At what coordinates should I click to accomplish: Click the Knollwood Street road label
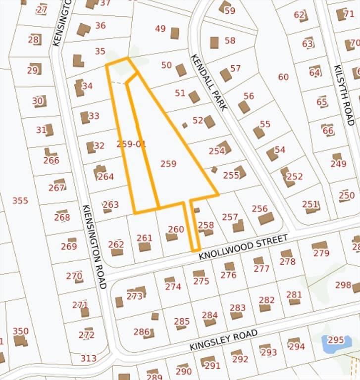coord(243,247)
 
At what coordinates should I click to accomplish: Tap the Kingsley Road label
coord(223,340)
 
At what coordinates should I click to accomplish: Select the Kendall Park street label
coord(208,82)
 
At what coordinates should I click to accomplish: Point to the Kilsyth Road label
coord(344,95)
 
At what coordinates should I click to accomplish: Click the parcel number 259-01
coord(131,144)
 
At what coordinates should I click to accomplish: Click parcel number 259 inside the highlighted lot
coord(168,163)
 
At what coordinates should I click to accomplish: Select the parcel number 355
coord(20,200)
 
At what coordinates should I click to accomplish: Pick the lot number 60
coord(283,77)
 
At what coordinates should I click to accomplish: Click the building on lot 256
coord(266,218)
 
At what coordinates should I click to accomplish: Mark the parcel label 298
coord(343,285)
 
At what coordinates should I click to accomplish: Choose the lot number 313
coord(89,358)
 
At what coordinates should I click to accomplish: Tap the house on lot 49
coord(175,33)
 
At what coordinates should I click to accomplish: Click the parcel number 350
coord(20,331)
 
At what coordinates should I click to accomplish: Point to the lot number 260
coord(176,229)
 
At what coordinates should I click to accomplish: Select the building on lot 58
coord(214,43)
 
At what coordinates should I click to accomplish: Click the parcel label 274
coord(173,286)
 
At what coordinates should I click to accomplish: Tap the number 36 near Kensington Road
coord(101,25)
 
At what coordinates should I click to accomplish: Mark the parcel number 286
coord(142,332)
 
